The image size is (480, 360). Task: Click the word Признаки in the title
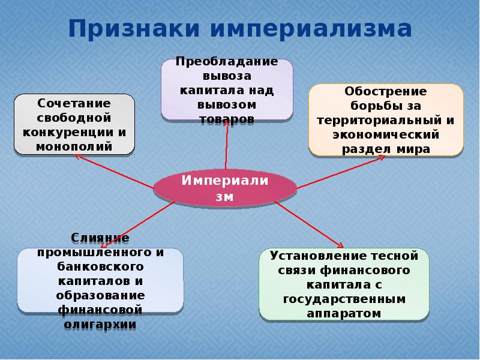133,28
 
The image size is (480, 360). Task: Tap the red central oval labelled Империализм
224,188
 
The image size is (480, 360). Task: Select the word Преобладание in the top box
227,62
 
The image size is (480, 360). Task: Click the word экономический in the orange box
386,134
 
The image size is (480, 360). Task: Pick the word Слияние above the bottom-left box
101,238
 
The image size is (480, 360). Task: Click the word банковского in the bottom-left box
101,266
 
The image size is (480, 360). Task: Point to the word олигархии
101,324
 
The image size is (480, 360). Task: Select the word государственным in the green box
344,299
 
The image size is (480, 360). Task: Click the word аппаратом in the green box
344,313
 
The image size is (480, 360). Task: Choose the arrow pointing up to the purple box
227,144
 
